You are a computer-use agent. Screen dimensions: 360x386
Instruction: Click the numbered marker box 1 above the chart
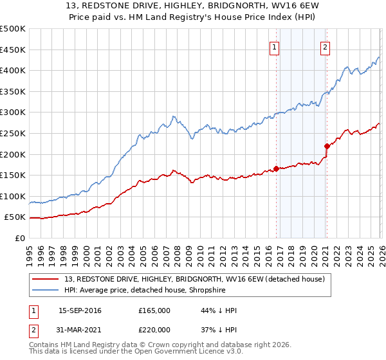pos(275,47)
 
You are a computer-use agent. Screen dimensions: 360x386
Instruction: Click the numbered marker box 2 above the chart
pos(326,47)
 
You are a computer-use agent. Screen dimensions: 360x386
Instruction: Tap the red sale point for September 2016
pos(276,168)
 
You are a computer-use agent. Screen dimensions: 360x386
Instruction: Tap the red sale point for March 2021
pos(327,145)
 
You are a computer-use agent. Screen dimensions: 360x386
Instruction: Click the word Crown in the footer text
pos(154,345)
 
